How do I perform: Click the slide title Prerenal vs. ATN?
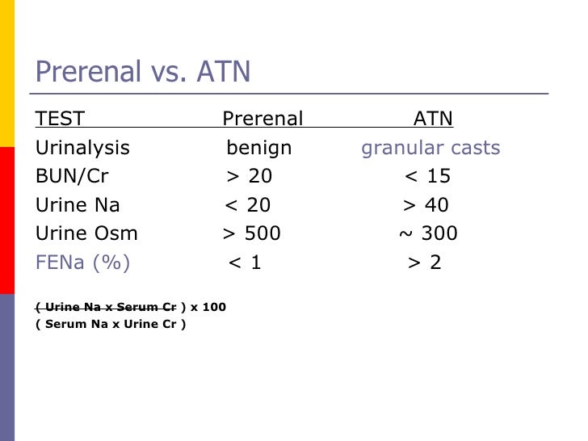(x=143, y=73)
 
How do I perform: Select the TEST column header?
(x=60, y=120)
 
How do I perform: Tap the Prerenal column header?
(x=262, y=120)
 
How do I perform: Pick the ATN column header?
(x=433, y=120)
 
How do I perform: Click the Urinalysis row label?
(x=82, y=149)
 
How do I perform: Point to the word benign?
(x=258, y=149)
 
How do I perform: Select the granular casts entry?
(x=430, y=149)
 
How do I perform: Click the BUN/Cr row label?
(x=72, y=177)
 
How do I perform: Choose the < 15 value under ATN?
(x=427, y=177)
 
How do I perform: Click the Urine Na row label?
(x=78, y=206)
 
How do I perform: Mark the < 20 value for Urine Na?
(x=247, y=206)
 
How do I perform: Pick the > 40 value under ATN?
(x=426, y=206)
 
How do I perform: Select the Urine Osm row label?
(x=86, y=234)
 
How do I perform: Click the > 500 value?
(x=251, y=234)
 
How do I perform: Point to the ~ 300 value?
(x=428, y=234)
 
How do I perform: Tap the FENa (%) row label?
(x=82, y=262)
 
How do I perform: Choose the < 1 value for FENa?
(x=245, y=262)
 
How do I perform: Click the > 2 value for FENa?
(x=425, y=262)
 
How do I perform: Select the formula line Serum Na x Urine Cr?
(x=111, y=325)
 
